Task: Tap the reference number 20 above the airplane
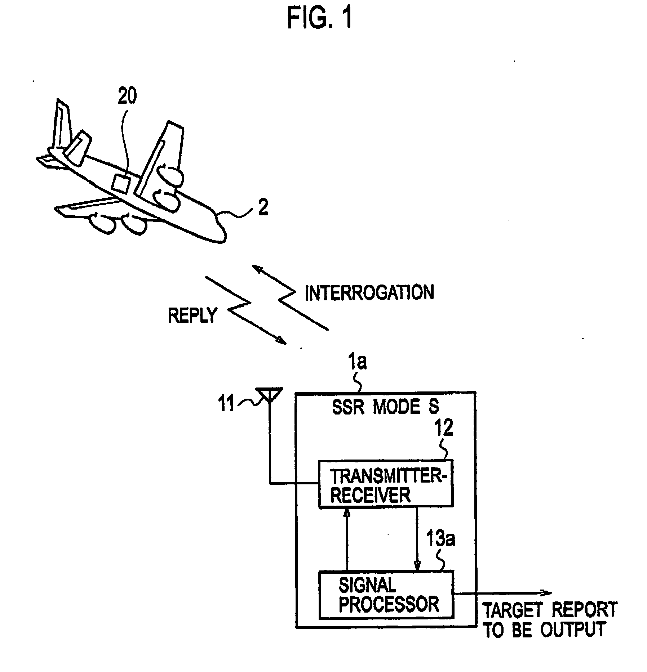127,96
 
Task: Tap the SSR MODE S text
385,407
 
